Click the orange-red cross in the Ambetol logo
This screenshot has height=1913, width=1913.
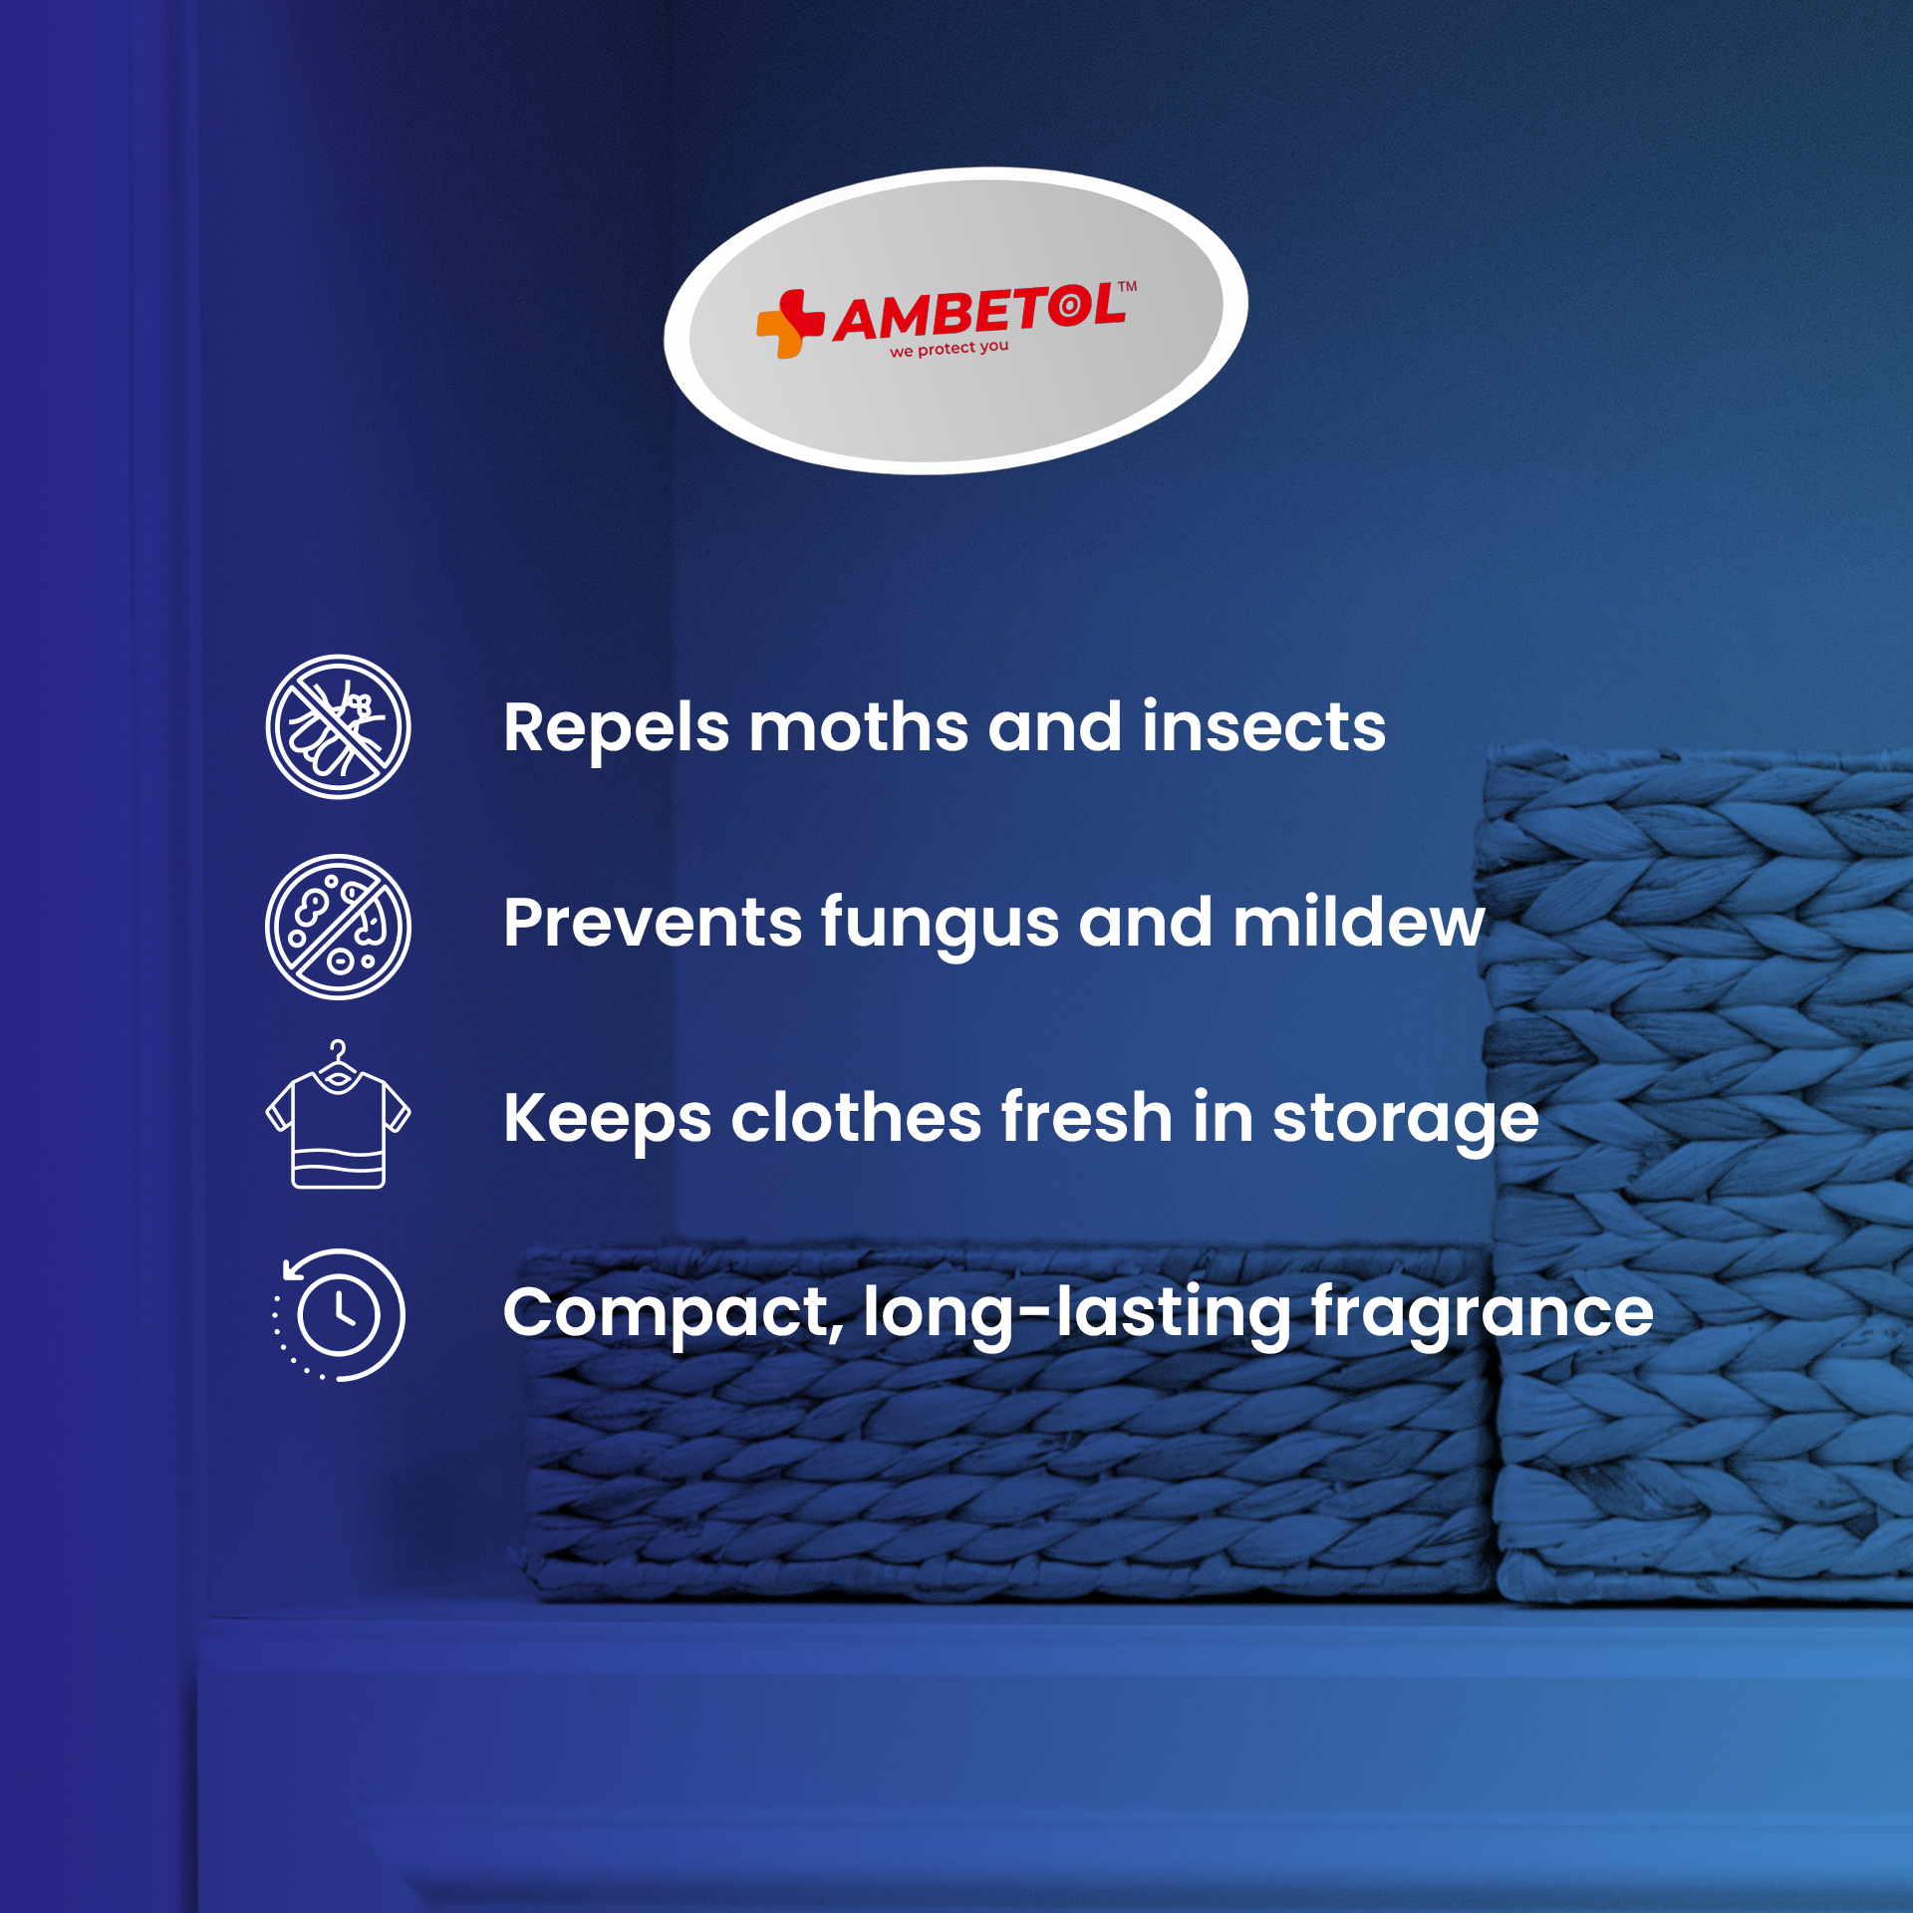(791, 324)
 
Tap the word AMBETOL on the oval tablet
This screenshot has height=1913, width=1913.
(979, 313)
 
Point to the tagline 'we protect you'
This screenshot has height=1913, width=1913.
(949, 349)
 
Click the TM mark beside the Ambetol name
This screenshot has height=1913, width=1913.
(1127, 287)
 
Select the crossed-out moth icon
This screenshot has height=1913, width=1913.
(338, 726)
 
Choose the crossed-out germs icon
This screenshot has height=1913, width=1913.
(338, 927)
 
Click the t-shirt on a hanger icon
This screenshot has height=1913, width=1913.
(338, 1114)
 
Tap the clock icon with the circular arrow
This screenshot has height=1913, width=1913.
(338, 1314)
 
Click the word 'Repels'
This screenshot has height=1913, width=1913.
(616, 728)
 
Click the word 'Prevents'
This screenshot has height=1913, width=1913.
(652, 923)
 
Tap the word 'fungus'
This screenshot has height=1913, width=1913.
(940, 926)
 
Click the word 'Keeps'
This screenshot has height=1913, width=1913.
(607, 1120)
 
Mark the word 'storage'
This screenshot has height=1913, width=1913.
(1405, 1120)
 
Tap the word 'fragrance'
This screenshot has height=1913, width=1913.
(1482, 1313)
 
